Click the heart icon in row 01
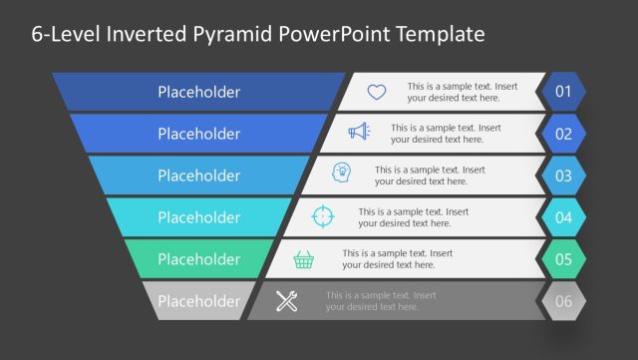pos(376,92)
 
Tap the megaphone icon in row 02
pos(359,134)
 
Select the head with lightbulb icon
pos(342,175)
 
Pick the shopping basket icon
pos(304,259)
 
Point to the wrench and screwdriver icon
pos(287,301)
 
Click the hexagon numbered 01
pos(563,93)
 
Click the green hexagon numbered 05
pos(563,260)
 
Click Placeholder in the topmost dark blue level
pos(198,92)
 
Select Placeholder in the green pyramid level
pos(198,259)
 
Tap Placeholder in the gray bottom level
pos(198,301)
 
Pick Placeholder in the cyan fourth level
pos(198,217)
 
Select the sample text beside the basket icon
pos(388,259)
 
